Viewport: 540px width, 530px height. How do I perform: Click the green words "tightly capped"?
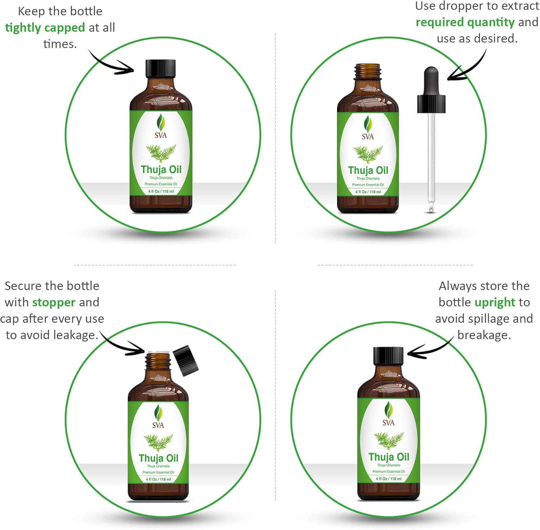[x=45, y=28]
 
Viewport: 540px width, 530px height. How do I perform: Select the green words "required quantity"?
[x=465, y=22]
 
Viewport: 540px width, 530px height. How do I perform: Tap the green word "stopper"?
[x=54, y=302]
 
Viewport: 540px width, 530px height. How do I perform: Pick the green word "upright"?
[x=495, y=302]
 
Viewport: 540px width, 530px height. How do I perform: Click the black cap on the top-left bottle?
[x=161, y=68]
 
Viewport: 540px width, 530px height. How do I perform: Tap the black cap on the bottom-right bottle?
[x=388, y=356]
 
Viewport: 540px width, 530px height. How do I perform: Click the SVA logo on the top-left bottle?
[x=161, y=126]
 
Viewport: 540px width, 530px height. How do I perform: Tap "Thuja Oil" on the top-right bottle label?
[x=368, y=170]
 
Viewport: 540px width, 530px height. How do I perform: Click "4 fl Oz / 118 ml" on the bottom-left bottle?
[x=158, y=480]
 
